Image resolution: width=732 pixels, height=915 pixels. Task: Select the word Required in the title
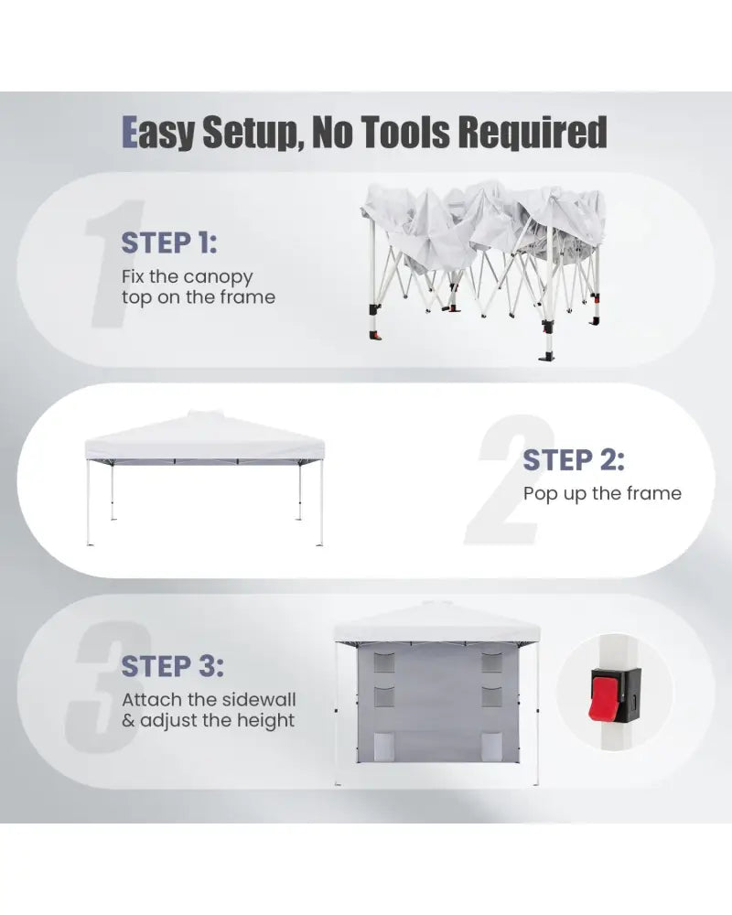click(x=533, y=133)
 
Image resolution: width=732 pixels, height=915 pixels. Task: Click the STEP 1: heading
click(x=169, y=242)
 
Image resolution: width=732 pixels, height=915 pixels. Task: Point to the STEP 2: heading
click(x=573, y=460)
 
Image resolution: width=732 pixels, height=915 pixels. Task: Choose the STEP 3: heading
click(x=172, y=666)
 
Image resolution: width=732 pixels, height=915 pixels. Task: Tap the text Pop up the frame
click(x=602, y=495)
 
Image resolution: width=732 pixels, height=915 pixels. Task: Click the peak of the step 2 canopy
click(x=204, y=412)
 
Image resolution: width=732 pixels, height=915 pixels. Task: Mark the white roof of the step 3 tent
click(x=436, y=623)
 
